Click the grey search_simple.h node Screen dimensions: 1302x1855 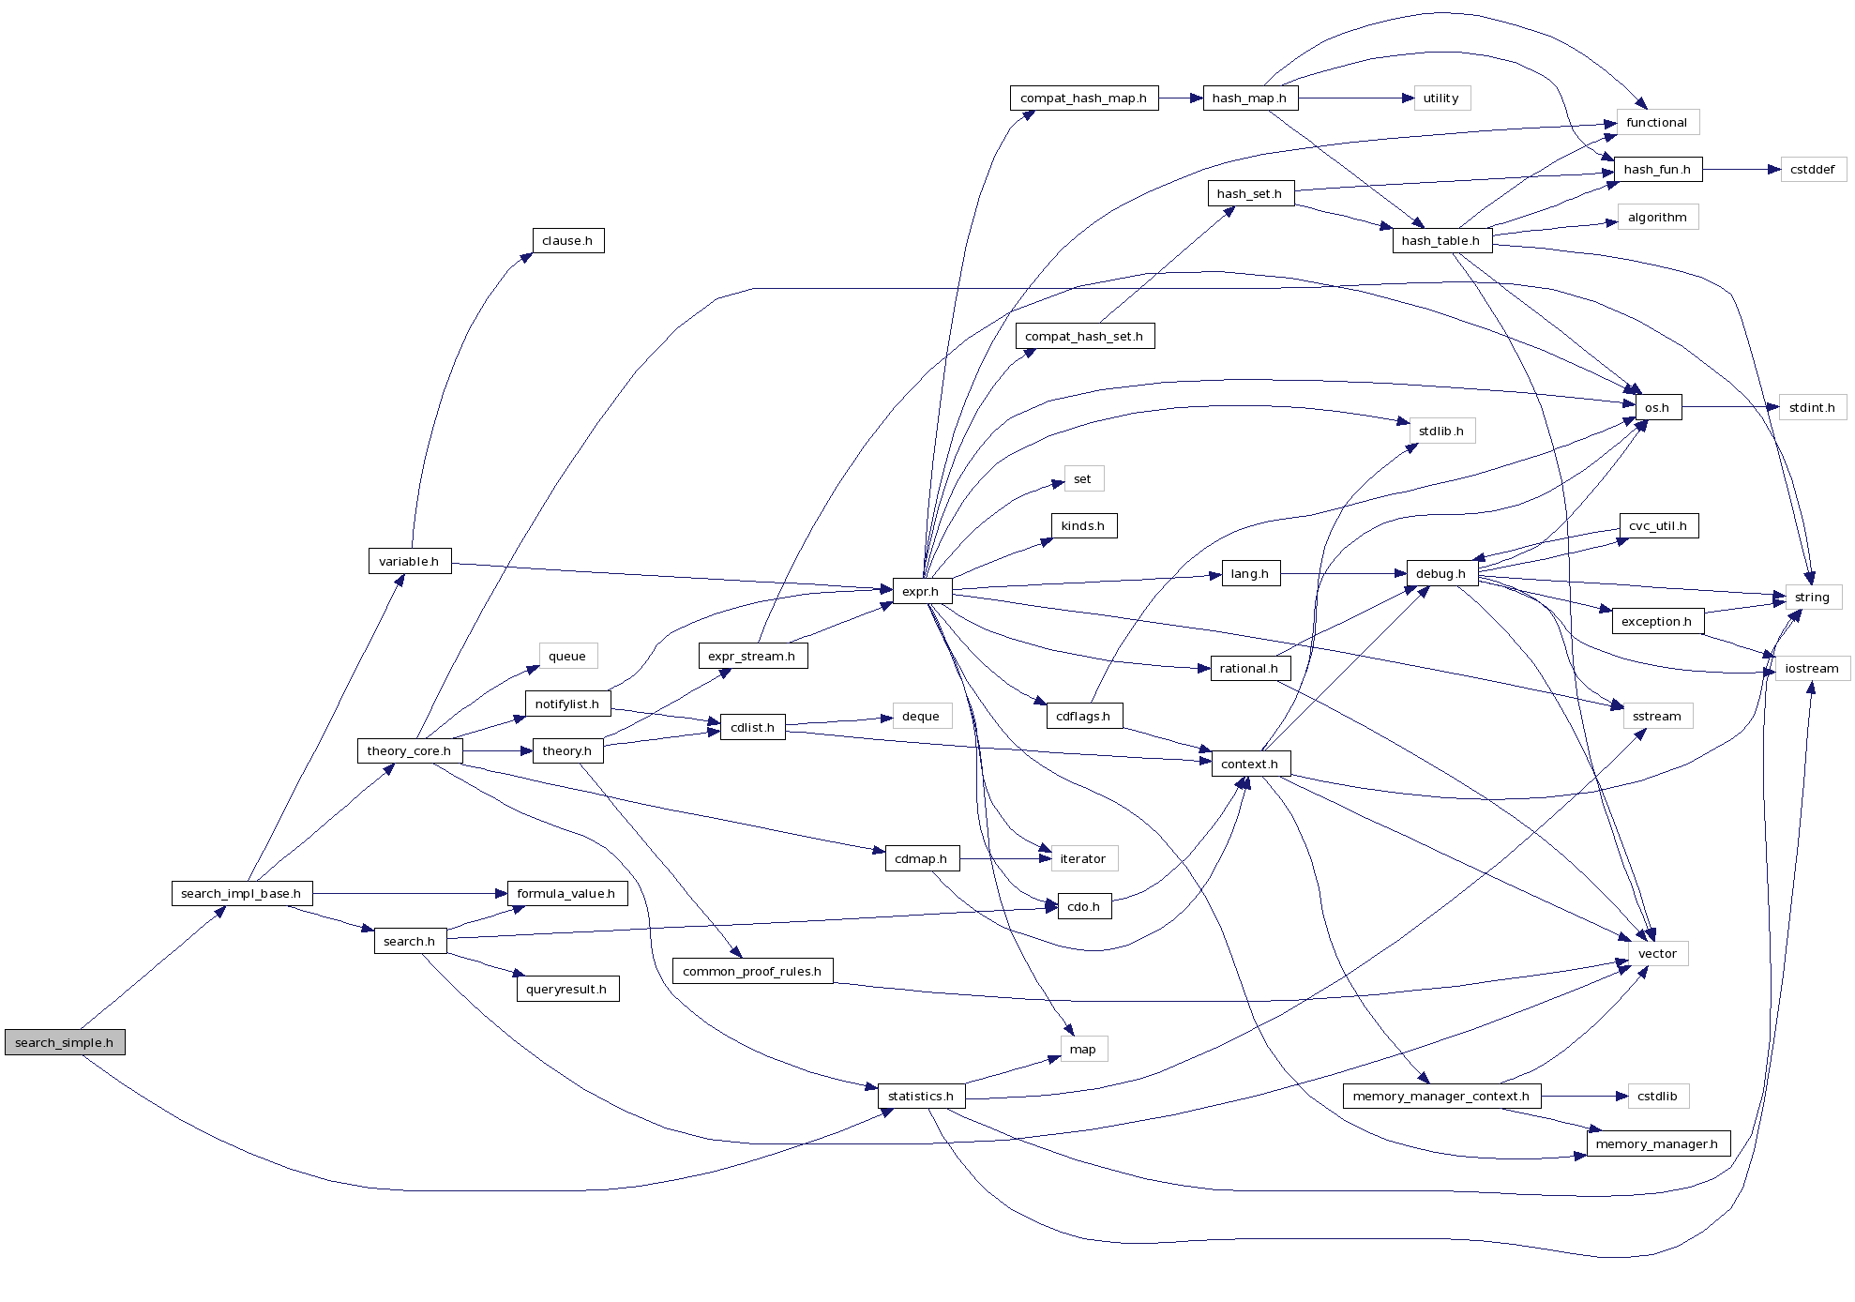[x=65, y=1042]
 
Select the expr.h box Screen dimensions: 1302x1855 [x=921, y=591]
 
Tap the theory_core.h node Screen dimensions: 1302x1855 [x=409, y=750]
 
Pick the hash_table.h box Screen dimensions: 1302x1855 [x=1440, y=240]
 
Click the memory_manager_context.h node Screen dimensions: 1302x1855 [x=1440, y=1096]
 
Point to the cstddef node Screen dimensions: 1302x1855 [x=1812, y=170]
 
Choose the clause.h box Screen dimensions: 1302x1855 [x=567, y=241]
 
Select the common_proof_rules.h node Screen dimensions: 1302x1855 [x=752, y=971]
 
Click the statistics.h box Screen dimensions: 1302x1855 [x=921, y=1096]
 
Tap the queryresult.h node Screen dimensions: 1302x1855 [x=566, y=989]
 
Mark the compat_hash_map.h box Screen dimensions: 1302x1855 [x=1083, y=98]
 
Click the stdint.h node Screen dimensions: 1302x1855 [x=1812, y=407]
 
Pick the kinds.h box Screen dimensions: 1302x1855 [x=1083, y=526]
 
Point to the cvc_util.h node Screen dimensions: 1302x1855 [x=1658, y=526]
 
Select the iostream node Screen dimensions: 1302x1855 [x=1812, y=668]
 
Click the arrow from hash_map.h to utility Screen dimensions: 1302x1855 [x=1355, y=98]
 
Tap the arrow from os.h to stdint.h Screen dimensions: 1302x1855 [x=1729, y=407]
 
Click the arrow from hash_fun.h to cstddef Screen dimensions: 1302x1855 [x=1741, y=170]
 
